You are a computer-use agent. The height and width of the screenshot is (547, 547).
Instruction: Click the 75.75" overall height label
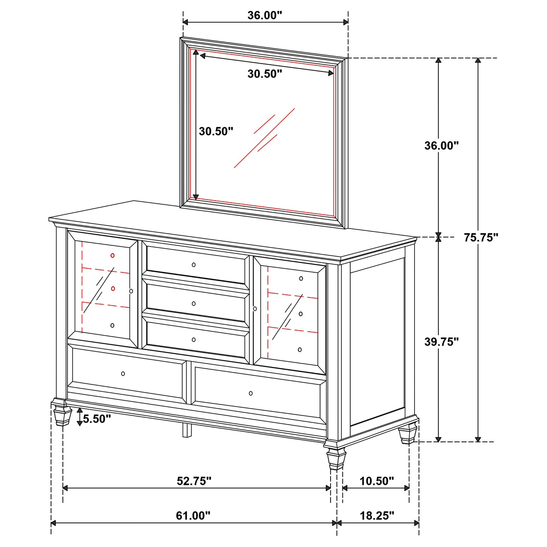tap(481, 238)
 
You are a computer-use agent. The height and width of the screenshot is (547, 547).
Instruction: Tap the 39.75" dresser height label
tap(441, 342)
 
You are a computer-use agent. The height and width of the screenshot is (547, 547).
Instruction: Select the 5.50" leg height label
tap(97, 419)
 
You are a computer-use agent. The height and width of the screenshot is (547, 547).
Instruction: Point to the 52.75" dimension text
tap(194, 481)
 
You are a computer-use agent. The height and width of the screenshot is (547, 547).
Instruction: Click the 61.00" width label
tap(193, 516)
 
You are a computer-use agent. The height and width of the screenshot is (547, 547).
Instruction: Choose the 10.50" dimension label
tap(377, 481)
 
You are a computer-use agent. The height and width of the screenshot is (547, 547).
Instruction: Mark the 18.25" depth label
tap(377, 516)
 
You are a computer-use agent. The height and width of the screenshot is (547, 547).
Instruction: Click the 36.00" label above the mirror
tap(265, 15)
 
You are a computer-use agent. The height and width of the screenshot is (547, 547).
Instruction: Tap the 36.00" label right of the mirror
tap(441, 145)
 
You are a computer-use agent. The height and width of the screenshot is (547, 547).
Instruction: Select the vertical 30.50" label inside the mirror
tap(216, 131)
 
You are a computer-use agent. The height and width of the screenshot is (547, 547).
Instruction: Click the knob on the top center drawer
tap(194, 265)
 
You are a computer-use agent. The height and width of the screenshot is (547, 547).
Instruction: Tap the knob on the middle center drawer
tap(194, 304)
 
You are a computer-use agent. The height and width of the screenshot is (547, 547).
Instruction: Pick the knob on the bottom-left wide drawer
tap(123, 374)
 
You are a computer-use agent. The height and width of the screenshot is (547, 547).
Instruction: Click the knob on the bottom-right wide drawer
tap(251, 393)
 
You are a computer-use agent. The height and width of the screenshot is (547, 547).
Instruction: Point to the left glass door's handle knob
tap(131, 291)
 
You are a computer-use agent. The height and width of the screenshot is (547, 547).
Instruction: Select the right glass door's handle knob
tap(255, 309)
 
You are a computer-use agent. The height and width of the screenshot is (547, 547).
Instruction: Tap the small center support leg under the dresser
tap(187, 430)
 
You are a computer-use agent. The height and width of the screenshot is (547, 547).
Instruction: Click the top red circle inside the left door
tap(112, 256)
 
